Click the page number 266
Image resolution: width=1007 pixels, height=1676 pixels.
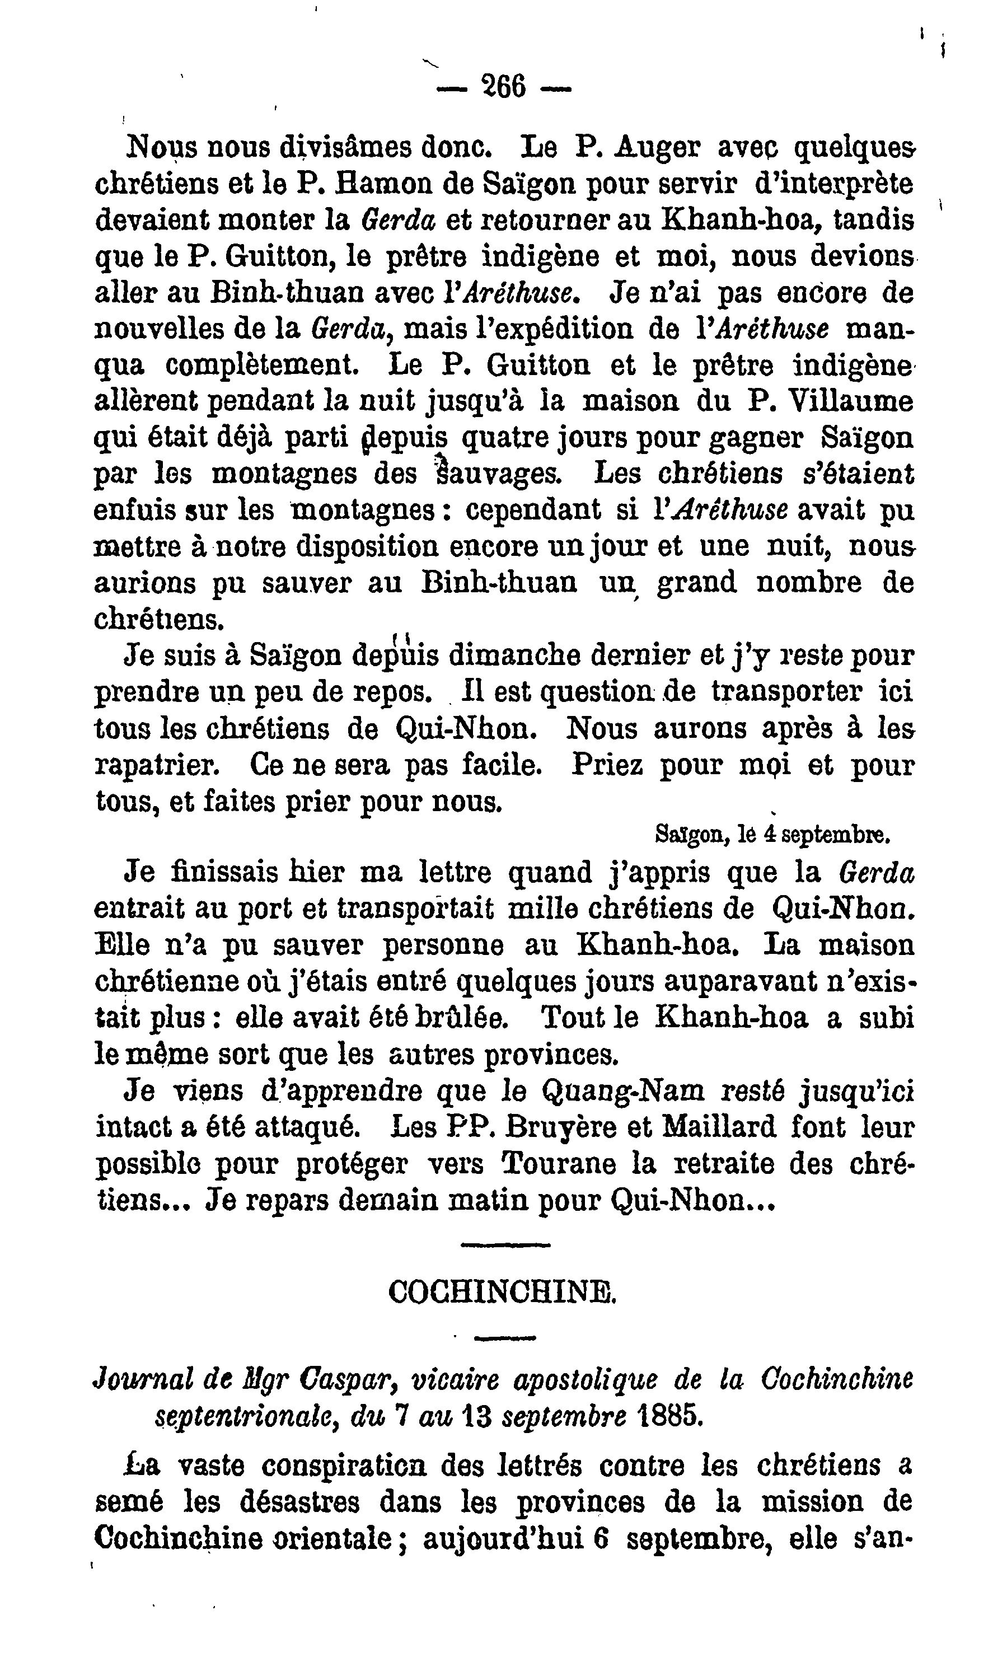pos(503,87)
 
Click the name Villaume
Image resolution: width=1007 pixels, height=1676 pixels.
pos(851,402)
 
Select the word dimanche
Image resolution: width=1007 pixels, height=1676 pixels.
pos(527,656)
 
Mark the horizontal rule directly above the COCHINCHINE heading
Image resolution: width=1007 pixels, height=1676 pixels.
pos(505,1245)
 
